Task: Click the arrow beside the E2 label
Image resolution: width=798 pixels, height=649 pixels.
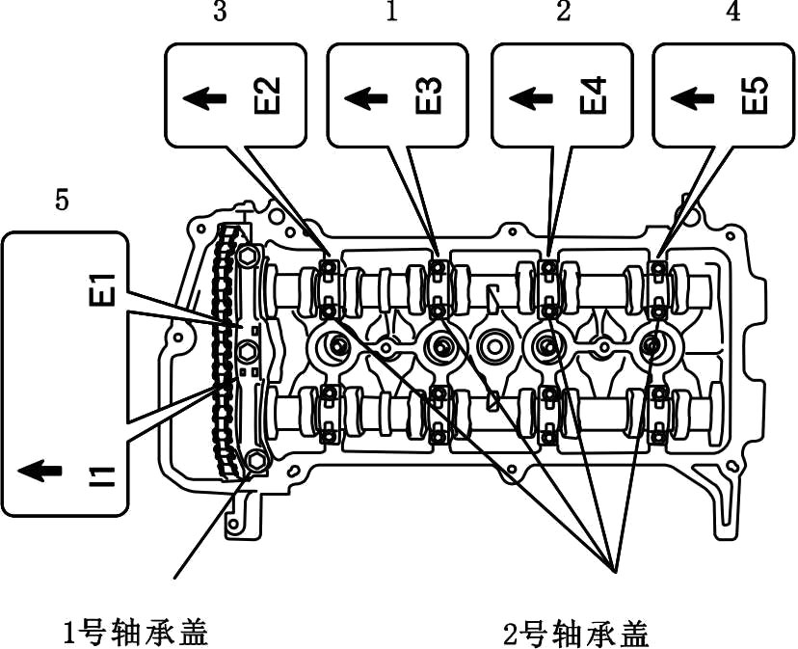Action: coord(204,97)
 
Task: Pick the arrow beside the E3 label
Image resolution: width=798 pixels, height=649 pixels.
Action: coord(366,97)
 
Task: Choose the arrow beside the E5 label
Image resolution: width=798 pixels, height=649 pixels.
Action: coord(692,97)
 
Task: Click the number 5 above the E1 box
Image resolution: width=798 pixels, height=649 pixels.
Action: coord(63,202)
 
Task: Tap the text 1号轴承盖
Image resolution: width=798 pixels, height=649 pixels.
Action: coord(135,633)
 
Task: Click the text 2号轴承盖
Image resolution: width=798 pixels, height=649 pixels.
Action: coord(576,634)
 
